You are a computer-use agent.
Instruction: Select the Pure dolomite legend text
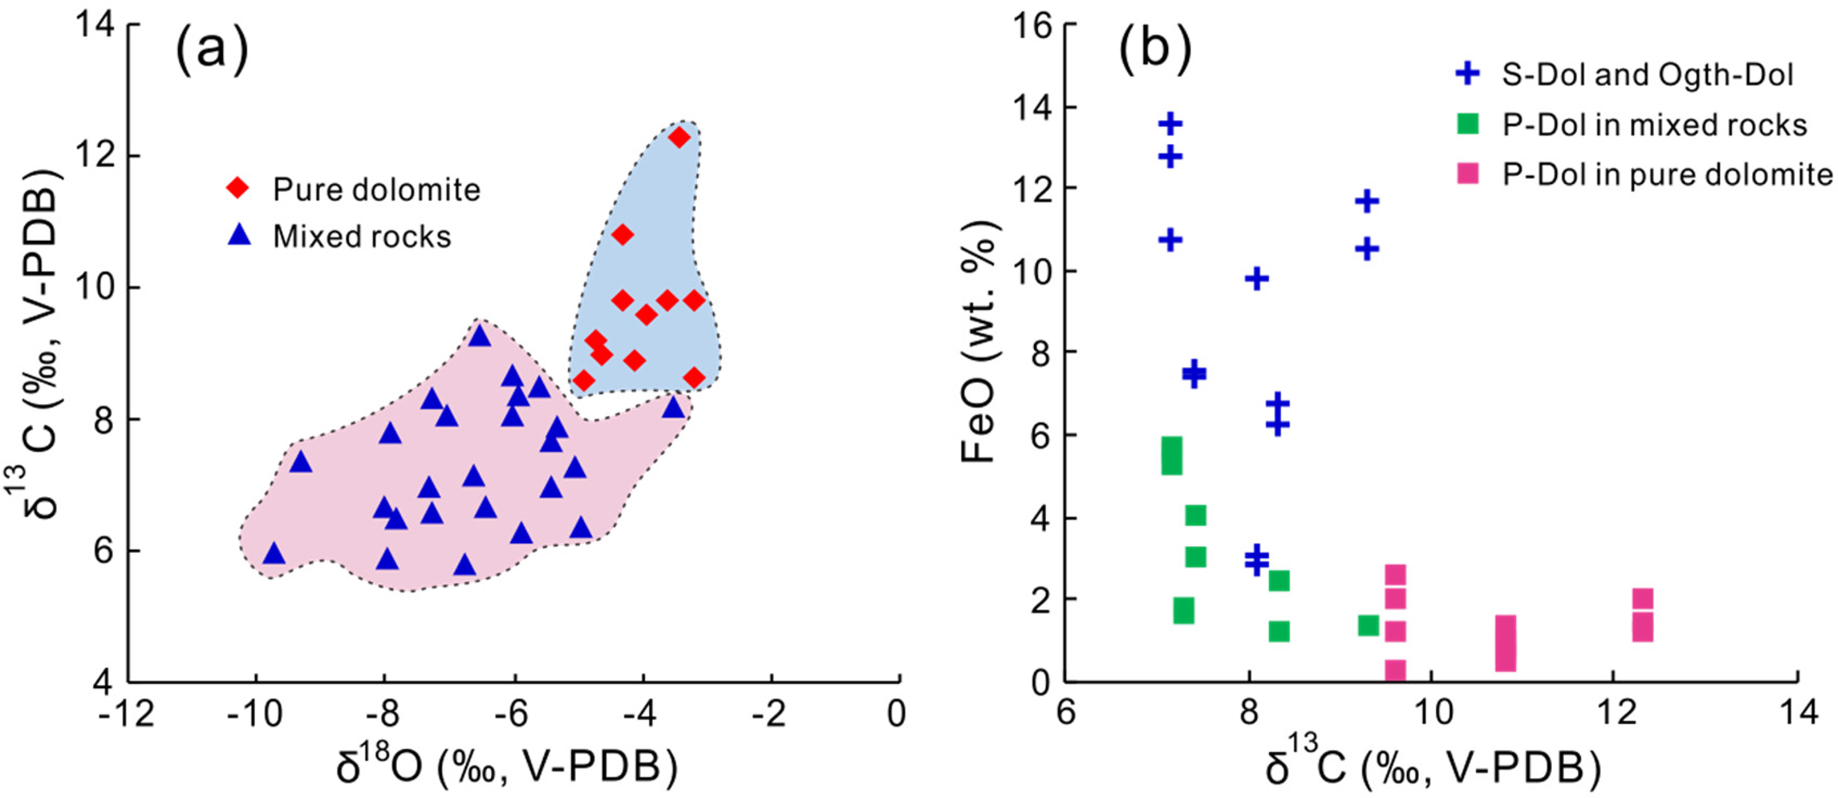pos(377,190)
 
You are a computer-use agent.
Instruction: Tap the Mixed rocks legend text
pos(363,236)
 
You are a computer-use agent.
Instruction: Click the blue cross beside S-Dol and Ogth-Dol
pos(1468,74)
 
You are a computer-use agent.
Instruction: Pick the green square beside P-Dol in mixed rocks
pos(1468,124)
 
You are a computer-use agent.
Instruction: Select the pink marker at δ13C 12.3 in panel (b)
pos(1643,615)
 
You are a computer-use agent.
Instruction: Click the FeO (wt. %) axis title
pos(979,343)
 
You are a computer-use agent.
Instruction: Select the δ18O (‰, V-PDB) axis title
pos(507,765)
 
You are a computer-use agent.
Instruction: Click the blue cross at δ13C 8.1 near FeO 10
pos(1257,279)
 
